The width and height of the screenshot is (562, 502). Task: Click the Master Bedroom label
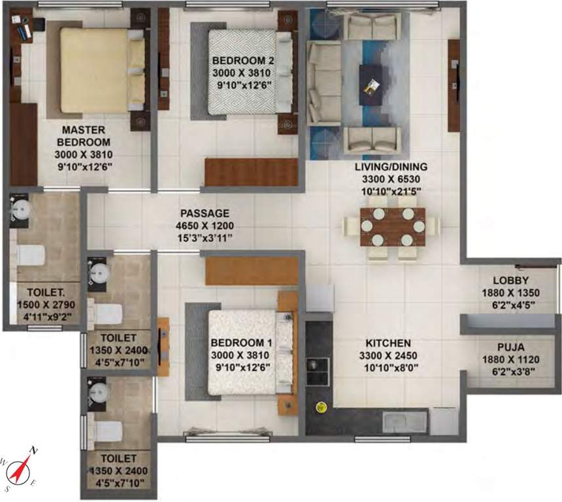pyautogui.click(x=83, y=135)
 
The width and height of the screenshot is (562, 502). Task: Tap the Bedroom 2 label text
pyautogui.click(x=238, y=61)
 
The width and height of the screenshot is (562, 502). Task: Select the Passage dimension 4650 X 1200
pyautogui.click(x=205, y=225)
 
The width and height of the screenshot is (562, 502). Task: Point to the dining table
pyautogui.click(x=391, y=226)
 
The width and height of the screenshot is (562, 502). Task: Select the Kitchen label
pyautogui.click(x=388, y=343)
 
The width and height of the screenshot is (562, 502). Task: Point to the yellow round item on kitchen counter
pyautogui.click(x=321, y=407)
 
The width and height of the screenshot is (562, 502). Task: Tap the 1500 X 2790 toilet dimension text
pyautogui.click(x=45, y=307)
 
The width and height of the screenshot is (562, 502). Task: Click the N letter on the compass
pyautogui.click(x=35, y=451)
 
